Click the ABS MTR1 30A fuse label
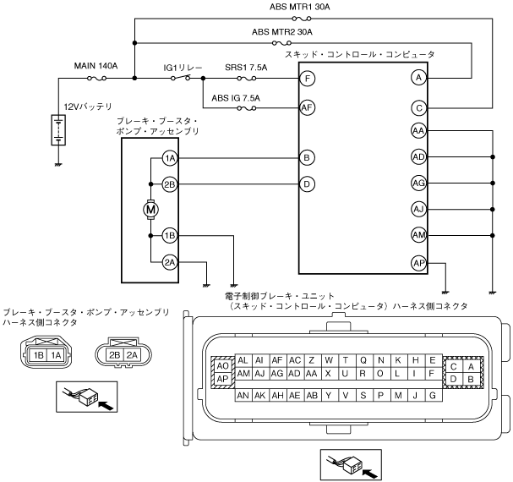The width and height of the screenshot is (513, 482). click(x=299, y=7)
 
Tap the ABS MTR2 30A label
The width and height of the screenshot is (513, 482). click(x=282, y=31)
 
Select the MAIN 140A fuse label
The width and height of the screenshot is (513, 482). click(x=95, y=64)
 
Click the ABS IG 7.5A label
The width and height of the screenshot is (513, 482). click(x=236, y=97)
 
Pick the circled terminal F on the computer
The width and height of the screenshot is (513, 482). click(x=308, y=78)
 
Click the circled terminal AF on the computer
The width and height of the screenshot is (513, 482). click(x=308, y=107)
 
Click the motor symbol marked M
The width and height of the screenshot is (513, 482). click(x=150, y=209)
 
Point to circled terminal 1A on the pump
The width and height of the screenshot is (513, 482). click(x=170, y=158)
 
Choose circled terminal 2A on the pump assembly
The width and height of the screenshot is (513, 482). click(x=170, y=263)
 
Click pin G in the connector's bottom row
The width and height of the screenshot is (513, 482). click(x=433, y=395)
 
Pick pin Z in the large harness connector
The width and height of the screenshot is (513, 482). click(x=312, y=360)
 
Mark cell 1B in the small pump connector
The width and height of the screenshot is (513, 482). click(x=38, y=356)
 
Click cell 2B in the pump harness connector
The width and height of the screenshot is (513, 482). click(x=115, y=355)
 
